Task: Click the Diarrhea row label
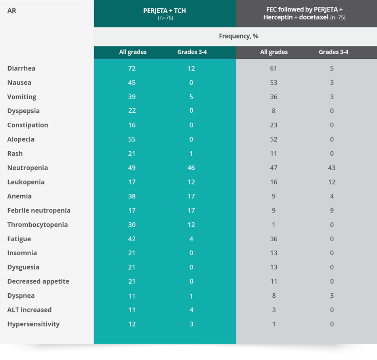[x=21, y=68]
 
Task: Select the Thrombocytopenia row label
[x=37, y=225]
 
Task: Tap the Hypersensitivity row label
[x=33, y=324]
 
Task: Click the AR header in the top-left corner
[x=12, y=11]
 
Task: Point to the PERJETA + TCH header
[x=165, y=11]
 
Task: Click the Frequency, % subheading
[x=239, y=36]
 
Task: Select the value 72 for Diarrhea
[x=132, y=68]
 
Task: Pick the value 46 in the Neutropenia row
[x=191, y=167]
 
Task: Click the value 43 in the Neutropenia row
[x=332, y=167]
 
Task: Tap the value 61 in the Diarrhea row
[x=274, y=68]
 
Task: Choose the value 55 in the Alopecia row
[x=132, y=139]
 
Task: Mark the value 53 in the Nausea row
[x=274, y=83]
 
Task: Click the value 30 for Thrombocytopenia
[x=132, y=225]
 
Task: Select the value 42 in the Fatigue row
[x=132, y=239]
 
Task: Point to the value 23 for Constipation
[x=274, y=125]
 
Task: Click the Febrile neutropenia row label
[x=39, y=210]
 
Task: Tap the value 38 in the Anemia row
[x=132, y=196]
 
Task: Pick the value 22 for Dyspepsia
[x=132, y=111]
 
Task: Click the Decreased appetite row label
[x=38, y=281]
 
